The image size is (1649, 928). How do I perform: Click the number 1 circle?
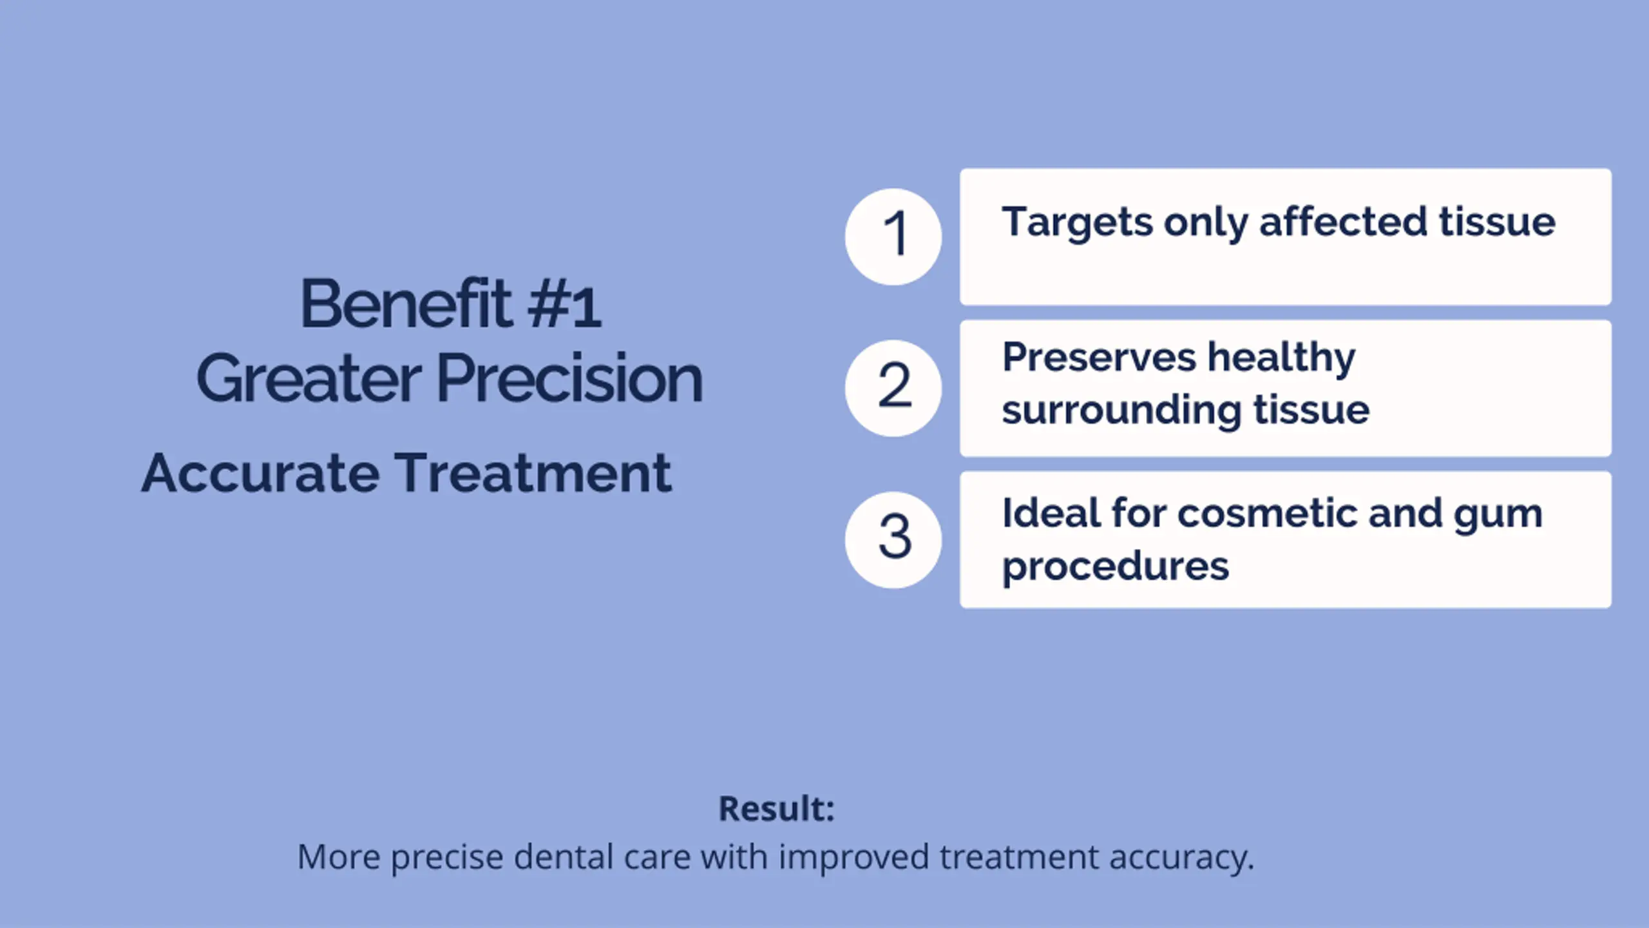click(893, 237)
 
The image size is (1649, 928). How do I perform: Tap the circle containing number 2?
click(893, 388)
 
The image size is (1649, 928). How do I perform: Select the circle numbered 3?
click(893, 539)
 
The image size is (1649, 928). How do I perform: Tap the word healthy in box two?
click(1281, 358)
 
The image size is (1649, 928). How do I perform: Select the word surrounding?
click(1121, 411)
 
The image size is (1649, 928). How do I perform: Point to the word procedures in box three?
click(1116, 567)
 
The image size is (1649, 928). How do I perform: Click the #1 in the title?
click(564, 305)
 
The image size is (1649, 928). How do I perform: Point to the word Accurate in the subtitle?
click(260, 473)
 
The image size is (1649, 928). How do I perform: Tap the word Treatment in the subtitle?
click(533, 473)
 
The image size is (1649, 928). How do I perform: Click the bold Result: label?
click(777, 809)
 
